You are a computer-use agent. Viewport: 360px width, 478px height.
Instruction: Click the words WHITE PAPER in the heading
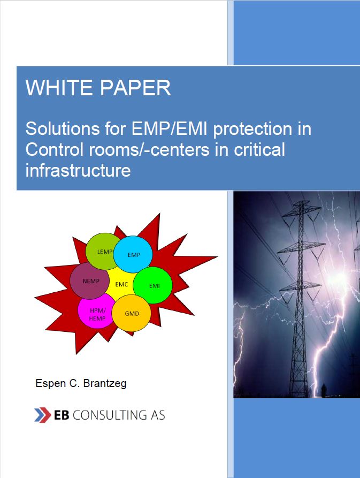(98, 88)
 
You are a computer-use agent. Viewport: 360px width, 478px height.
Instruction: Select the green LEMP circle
(103, 251)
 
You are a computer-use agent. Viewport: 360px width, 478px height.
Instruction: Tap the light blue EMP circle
(133, 254)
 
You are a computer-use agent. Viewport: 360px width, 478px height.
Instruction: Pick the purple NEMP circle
(89, 281)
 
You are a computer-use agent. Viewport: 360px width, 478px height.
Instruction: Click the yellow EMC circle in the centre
(121, 284)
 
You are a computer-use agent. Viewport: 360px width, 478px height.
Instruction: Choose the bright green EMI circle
(154, 285)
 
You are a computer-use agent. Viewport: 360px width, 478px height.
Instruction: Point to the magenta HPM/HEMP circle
(97, 314)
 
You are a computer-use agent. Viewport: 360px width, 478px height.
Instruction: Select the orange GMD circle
(132, 313)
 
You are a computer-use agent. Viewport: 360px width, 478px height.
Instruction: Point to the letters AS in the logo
(156, 415)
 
